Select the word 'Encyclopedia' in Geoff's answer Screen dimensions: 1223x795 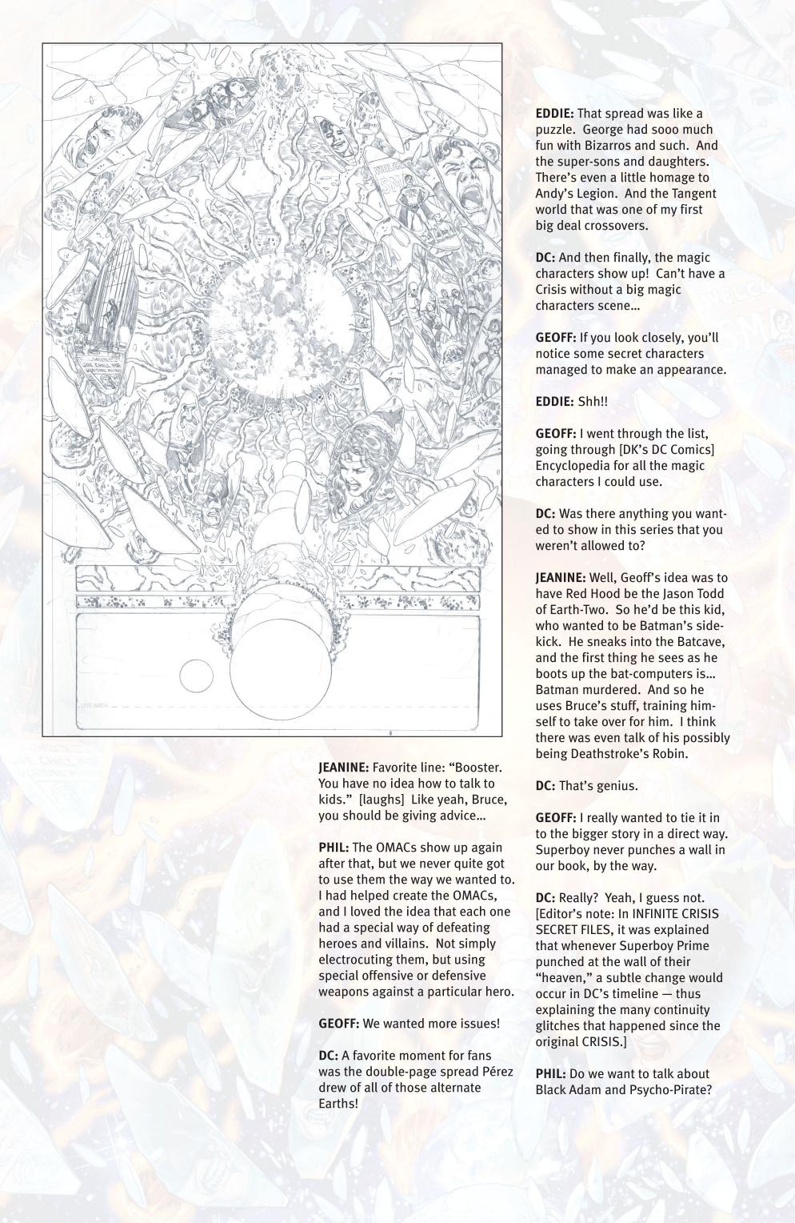coord(574,466)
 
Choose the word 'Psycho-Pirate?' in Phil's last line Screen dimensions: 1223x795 coord(672,1090)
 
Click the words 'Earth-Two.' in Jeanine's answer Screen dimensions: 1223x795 coord(566,610)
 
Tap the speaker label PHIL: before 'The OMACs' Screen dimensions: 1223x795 coord(334,848)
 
